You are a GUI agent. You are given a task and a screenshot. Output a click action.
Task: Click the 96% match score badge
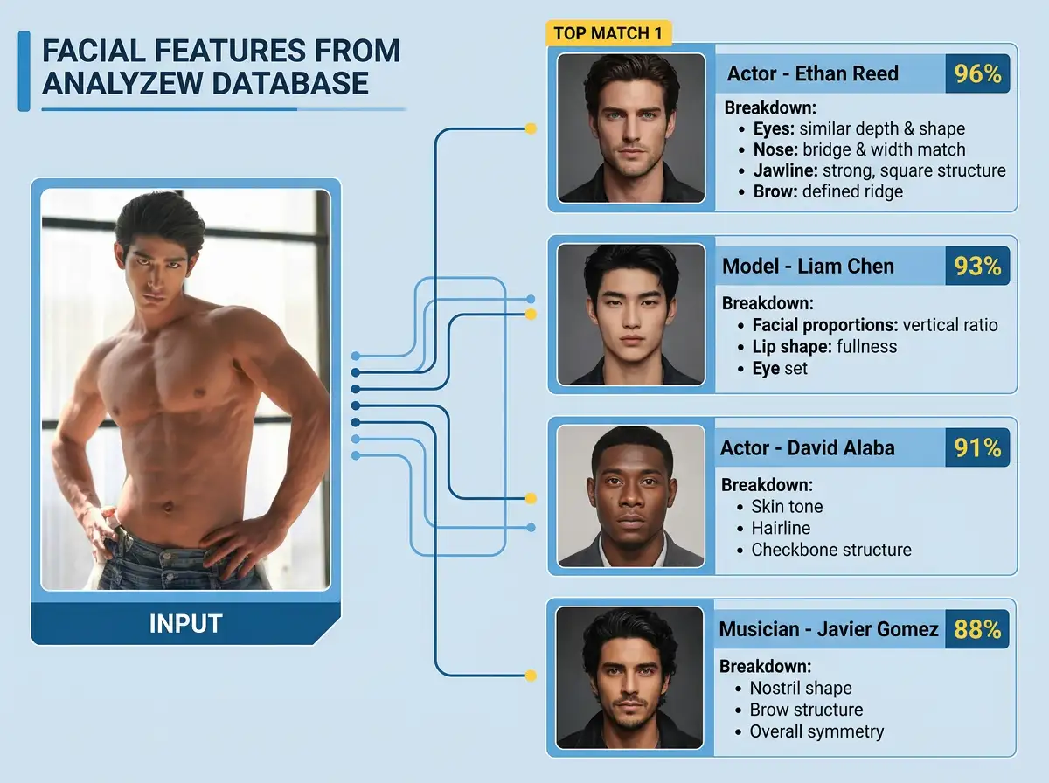977,73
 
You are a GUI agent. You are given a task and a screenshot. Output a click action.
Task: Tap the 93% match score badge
977,266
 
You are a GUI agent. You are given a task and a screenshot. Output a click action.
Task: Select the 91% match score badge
977,448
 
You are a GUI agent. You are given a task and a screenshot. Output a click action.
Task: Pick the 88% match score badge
977,629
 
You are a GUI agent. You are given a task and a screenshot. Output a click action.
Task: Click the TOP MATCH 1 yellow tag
608,33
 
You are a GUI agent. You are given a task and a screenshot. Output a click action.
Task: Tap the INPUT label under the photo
185,624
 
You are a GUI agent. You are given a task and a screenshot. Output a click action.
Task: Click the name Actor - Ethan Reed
812,73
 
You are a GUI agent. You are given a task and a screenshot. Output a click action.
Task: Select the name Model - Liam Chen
808,266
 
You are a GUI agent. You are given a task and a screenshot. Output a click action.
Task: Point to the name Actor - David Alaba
807,448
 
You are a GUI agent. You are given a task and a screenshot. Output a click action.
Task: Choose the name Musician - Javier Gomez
828,629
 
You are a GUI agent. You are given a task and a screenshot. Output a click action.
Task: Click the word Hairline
781,528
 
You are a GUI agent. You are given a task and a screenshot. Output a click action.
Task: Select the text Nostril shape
800,688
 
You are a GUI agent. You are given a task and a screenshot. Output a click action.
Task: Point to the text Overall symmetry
816,731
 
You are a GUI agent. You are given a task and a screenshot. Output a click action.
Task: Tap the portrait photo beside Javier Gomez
629,677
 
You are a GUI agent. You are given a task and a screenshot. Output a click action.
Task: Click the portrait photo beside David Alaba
629,495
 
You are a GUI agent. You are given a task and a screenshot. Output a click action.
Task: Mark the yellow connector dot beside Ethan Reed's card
530,129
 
